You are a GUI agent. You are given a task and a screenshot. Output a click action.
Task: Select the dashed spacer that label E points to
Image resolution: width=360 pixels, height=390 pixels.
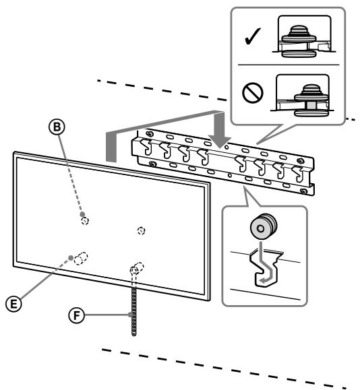click(82, 257)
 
